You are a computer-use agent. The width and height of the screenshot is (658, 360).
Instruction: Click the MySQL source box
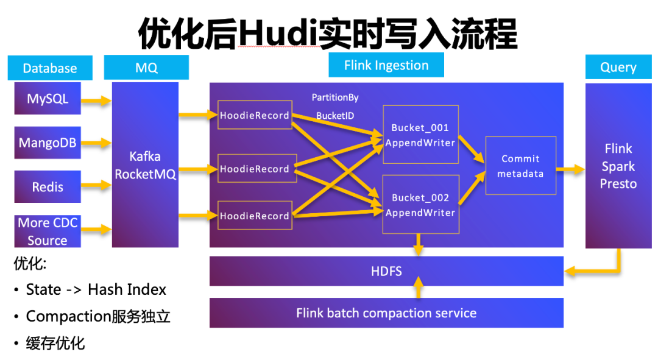(48, 98)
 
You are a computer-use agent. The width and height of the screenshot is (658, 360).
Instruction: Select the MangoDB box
(48, 143)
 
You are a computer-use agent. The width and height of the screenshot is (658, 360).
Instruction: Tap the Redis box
(48, 187)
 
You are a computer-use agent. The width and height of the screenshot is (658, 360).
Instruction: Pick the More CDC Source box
(48, 231)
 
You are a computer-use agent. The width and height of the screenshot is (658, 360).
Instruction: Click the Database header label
(50, 68)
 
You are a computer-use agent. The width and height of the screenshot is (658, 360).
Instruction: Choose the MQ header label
(146, 68)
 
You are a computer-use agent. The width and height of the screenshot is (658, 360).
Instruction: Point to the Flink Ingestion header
(386, 65)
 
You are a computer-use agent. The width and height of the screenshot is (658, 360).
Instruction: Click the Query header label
(618, 67)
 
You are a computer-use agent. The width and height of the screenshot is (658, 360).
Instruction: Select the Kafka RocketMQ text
(145, 165)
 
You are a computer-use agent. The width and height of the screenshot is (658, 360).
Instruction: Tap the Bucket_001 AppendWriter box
(420, 134)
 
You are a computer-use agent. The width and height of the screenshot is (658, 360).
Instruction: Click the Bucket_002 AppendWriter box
(420, 204)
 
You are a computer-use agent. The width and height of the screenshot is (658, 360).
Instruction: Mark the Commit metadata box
(520, 166)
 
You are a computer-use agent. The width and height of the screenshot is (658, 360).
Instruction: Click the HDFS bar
(386, 271)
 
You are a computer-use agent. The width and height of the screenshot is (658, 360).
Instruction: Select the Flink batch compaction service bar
(386, 313)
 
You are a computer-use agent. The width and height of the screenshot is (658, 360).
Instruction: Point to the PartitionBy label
(335, 97)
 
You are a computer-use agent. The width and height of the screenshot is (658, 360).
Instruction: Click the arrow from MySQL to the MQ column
(96, 101)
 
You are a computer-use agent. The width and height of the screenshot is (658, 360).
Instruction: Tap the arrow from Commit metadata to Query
(570, 169)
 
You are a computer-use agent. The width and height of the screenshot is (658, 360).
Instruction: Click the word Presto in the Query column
(618, 184)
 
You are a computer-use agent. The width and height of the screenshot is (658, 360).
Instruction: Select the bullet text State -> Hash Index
(96, 289)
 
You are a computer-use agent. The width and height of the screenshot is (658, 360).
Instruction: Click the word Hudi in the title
(278, 34)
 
